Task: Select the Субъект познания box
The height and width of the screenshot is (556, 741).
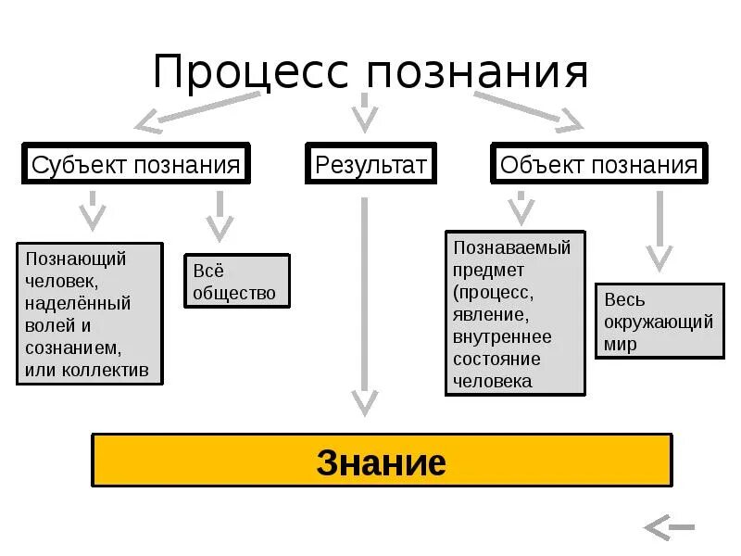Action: pyautogui.click(x=135, y=165)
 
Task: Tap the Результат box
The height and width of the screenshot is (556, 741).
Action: pyautogui.click(x=370, y=165)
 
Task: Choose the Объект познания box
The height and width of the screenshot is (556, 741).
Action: pyautogui.click(x=598, y=165)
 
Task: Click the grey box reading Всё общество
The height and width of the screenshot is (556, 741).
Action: pyautogui.click(x=236, y=282)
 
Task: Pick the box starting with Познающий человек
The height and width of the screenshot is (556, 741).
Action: pyautogui.click(x=89, y=314)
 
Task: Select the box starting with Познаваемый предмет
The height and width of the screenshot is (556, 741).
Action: pyautogui.click(x=515, y=313)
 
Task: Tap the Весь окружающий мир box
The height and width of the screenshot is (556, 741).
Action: pyautogui.click(x=659, y=322)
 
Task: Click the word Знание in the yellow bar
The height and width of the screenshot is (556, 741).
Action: pyautogui.click(x=381, y=461)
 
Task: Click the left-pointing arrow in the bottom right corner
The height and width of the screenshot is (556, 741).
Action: pyautogui.click(x=669, y=528)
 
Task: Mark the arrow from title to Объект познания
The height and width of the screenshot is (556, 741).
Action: pyautogui.click(x=528, y=107)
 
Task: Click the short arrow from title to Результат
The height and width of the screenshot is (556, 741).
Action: pyautogui.click(x=365, y=111)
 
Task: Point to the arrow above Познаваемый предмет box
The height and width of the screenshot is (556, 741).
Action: pyautogui.click(x=521, y=208)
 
